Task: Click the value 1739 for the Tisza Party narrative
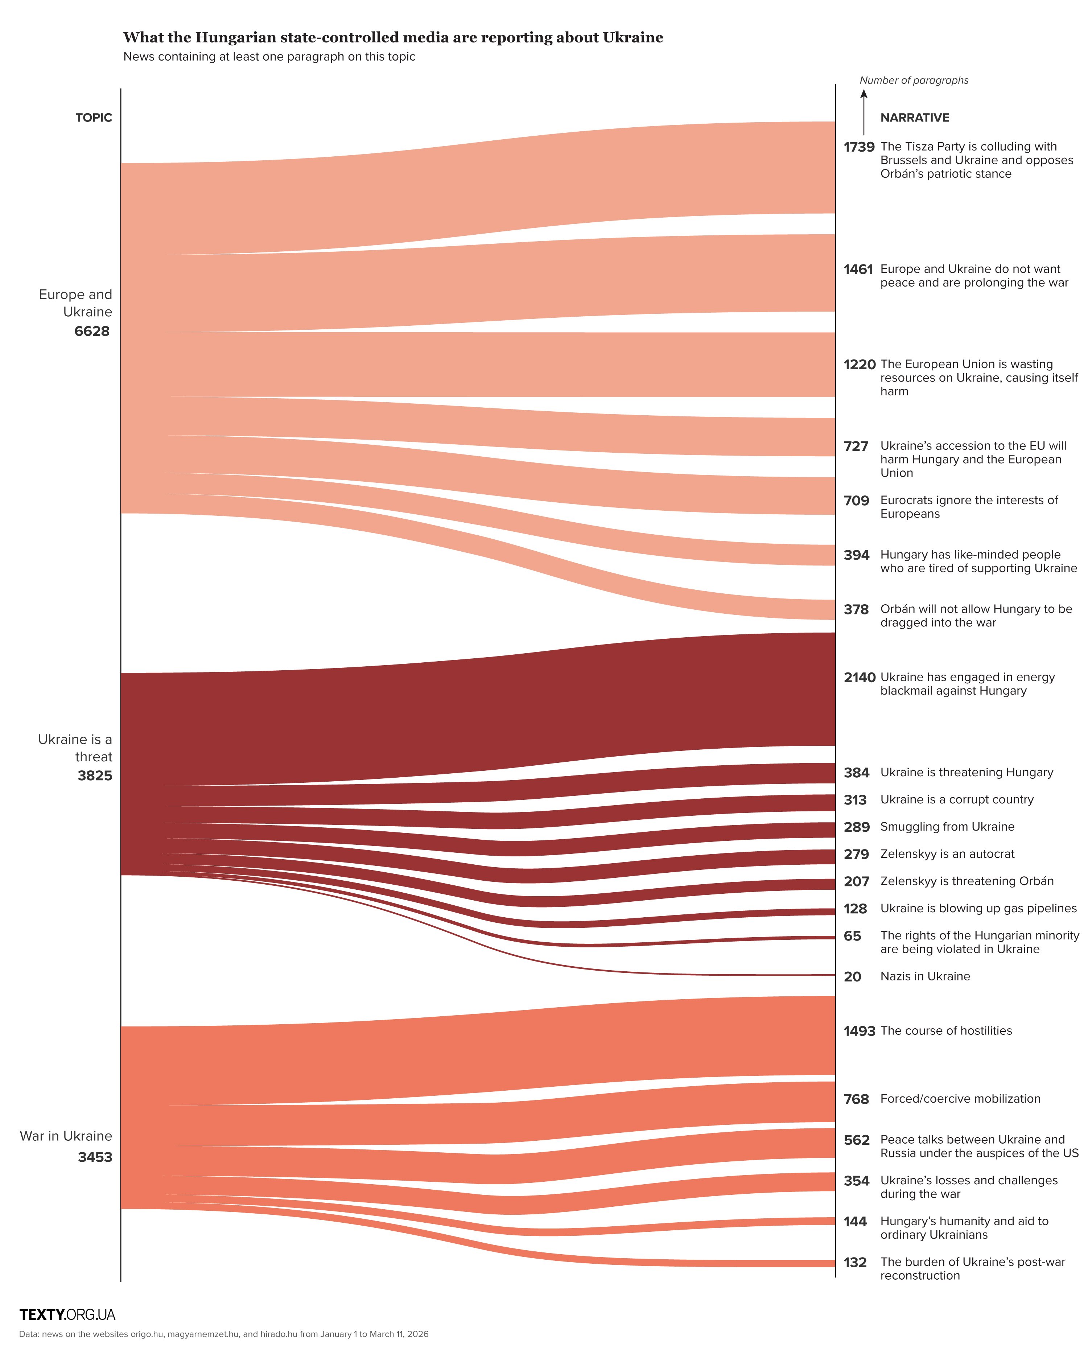pos(858,147)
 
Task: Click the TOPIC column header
pos(94,118)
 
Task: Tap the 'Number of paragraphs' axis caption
pos(914,81)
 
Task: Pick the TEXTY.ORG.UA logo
pos(67,1314)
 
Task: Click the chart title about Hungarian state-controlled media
pos(393,38)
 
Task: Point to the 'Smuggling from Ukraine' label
pos(947,827)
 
